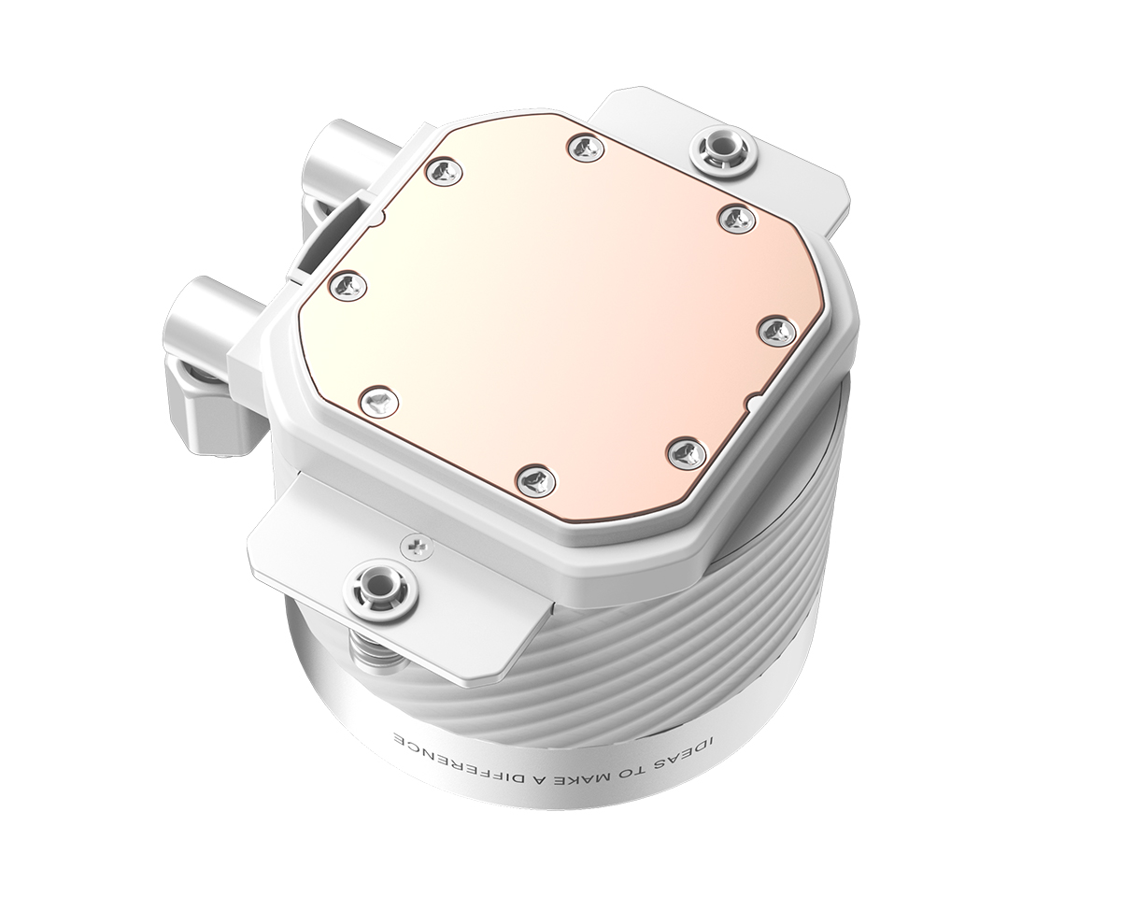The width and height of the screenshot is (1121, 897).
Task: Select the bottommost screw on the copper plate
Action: click(535, 481)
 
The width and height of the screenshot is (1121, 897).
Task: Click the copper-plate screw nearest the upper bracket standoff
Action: click(736, 218)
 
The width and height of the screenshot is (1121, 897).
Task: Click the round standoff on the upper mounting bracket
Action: click(717, 149)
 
